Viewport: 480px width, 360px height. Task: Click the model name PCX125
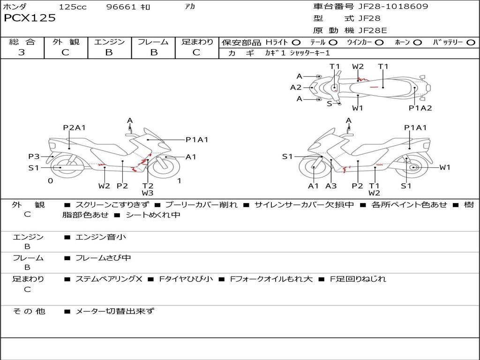[x=30, y=18]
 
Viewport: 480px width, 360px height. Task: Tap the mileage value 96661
[x=121, y=7]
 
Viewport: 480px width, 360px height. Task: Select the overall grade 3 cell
[x=22, y=52]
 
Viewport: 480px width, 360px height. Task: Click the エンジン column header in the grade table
[x=109, y=42]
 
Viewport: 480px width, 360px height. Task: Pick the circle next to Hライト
[x=296, y=42]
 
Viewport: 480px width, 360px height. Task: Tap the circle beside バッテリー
[x=471, y=42]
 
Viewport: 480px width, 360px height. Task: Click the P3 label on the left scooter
[x=34, y=157]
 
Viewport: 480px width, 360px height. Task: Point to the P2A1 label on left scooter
[x=75, y=127]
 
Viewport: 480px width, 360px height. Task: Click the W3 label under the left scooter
[x=148, y=193]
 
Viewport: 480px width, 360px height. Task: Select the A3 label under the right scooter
[x=331, y=186]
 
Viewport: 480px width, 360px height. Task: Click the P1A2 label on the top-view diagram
[x=420, y=108]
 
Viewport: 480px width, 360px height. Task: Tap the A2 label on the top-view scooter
[x=296, y=87]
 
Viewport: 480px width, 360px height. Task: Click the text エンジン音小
[x=101, y=237]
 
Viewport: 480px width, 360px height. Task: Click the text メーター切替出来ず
[x=115, y=311]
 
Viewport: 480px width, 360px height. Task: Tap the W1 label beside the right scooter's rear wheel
[x=444, y=167]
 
